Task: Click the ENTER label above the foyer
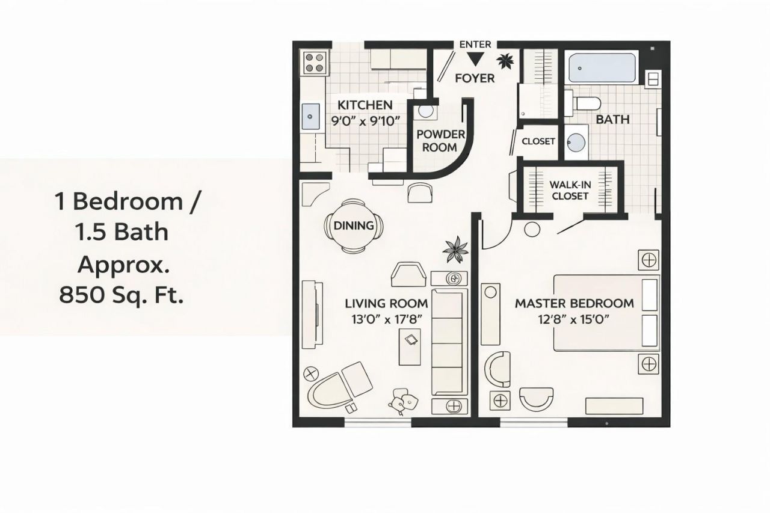(475, 45)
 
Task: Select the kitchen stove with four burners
(315, 62)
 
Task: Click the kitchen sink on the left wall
(311, 115)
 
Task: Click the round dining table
(354, 226)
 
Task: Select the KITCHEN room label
(365, 105)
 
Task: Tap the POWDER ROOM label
(440, 140)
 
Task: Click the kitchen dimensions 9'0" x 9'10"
(366, 120)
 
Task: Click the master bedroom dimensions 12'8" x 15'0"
(574, 319)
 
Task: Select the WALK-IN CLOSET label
(570, 190)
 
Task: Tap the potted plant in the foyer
(505, 60)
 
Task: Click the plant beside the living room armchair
(455, 249)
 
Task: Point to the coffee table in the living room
(412, 346)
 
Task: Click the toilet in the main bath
(584, 102)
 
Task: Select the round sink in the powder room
(427, 111)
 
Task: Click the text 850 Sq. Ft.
(120, 295)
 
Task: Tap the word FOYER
(475, 78)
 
